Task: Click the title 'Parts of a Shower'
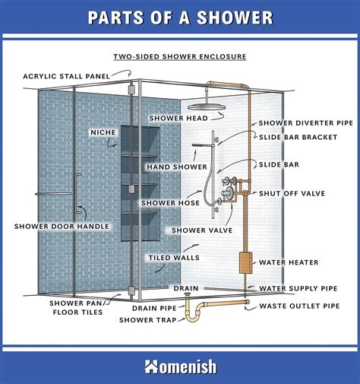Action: [x=180, y=17]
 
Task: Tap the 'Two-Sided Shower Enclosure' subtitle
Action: [x=180, y=56]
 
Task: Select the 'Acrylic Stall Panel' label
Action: [x=66, y=76]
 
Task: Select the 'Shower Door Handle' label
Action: [x=62, y=226]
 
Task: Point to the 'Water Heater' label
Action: [x=289, y=262]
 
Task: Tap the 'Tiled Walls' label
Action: [x=173, y=257]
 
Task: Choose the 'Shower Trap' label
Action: [x=148, y=320]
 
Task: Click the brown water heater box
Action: [x=245, y=263]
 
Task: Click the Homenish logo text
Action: [x=180, y=367]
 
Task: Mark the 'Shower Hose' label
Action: [x=175, y=203]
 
